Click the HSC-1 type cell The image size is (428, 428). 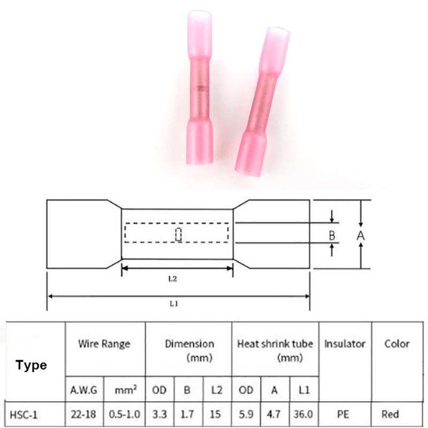point(23,415)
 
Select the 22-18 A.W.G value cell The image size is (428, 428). point(83,414)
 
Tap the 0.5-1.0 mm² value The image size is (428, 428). point(125,414)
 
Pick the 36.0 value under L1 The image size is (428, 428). point(303,414)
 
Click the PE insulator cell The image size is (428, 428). point(343,414)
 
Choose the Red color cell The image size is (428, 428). point(391,414)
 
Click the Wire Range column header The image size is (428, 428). point(104,344)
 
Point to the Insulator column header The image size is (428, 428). point(345,344)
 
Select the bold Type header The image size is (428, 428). point(31,365)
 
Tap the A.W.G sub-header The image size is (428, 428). point(83,390)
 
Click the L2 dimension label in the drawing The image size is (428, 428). point(172,279)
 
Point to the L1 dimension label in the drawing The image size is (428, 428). point(173,303)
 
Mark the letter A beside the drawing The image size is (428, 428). point(361,235)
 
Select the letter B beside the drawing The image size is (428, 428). point(332,235)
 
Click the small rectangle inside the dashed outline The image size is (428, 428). point(178,235)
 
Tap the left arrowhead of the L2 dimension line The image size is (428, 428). point(125,269)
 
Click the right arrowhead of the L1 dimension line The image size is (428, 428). point(307,296)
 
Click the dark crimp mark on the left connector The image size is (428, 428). point(202,88)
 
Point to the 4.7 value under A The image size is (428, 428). point(273,414)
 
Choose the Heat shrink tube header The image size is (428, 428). point(275,344)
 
